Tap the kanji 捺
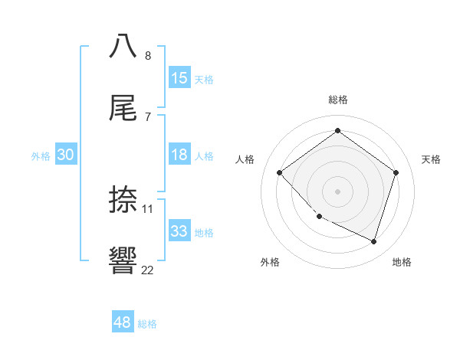pos(123,199)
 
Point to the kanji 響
pos(123,259)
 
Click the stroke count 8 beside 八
pos(148,56)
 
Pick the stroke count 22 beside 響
pos(148,269)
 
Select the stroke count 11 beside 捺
pos(148,208)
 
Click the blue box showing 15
pos(179,77)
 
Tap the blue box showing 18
pos(179,155)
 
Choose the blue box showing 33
pos(179,231)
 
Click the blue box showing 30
pos(66,155)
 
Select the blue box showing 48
pos(123,322)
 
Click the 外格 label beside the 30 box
pos(41,156)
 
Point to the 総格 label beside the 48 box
pos(147,324)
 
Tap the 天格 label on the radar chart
pos(432,159)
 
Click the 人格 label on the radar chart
pos(245,159)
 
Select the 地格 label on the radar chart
pos(402,262)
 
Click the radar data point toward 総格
pos(337,131)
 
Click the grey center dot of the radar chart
pos(337,191)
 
